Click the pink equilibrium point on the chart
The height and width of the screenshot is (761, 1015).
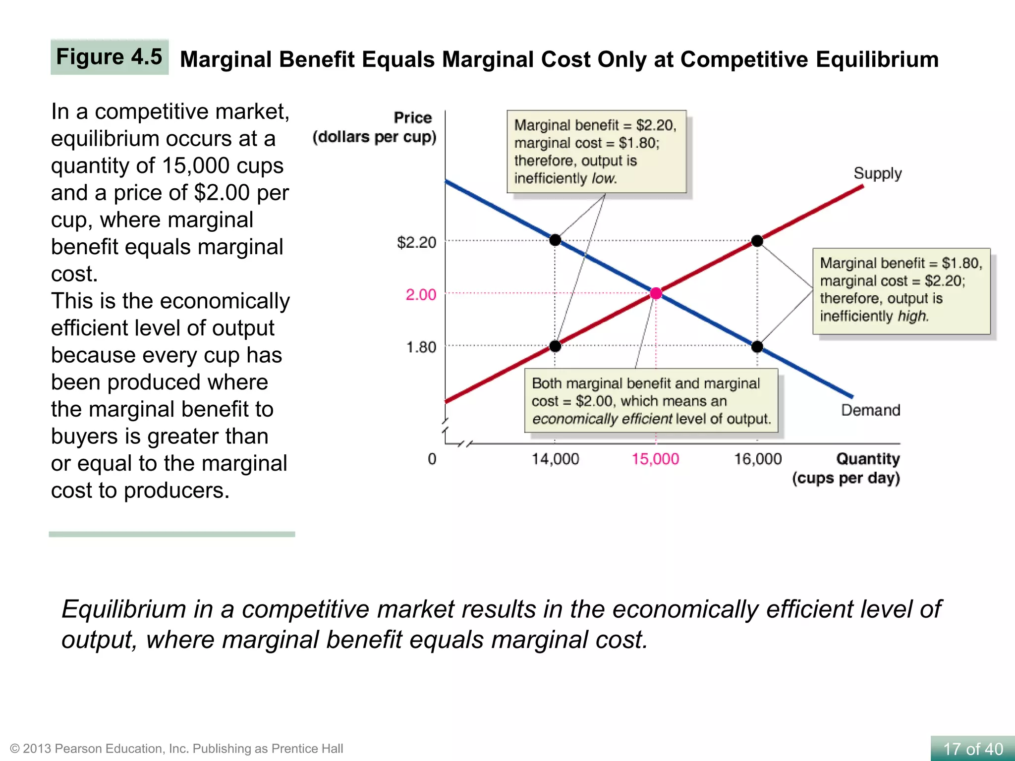(x=656, y=293)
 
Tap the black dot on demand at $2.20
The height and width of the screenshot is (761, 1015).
(x=555, y=240)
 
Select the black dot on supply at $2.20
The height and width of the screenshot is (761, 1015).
(x=757, y=241)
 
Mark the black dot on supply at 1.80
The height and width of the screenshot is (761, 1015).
(x=555, y=346)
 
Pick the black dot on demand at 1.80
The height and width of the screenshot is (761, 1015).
(x=757, y=346)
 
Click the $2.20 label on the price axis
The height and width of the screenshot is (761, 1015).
(x=416, y=242)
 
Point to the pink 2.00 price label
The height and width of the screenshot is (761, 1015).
(x=421, y=295)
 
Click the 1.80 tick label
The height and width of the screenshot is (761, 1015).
(x=421, y=347)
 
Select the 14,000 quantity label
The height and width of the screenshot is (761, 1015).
(x=555, y=459)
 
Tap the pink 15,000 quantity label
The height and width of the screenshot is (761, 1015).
(x=655, y=459)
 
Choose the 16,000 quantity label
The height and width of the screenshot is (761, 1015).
(x=757, y=459)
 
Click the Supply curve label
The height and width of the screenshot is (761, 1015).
(x=877, y=173)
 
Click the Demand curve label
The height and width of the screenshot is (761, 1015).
(x=870, y=410)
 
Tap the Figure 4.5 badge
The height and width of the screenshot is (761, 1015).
(x=110, y=57)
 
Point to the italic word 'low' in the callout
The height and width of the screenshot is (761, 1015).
(x=604, y=178)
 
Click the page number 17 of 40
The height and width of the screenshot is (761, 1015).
(x=972, y=749)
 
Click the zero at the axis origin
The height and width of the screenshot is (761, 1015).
(x=432, y=459)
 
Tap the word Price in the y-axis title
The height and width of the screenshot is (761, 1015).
(x=412, y=118)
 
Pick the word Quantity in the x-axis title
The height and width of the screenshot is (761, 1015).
(x=868, y=459)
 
